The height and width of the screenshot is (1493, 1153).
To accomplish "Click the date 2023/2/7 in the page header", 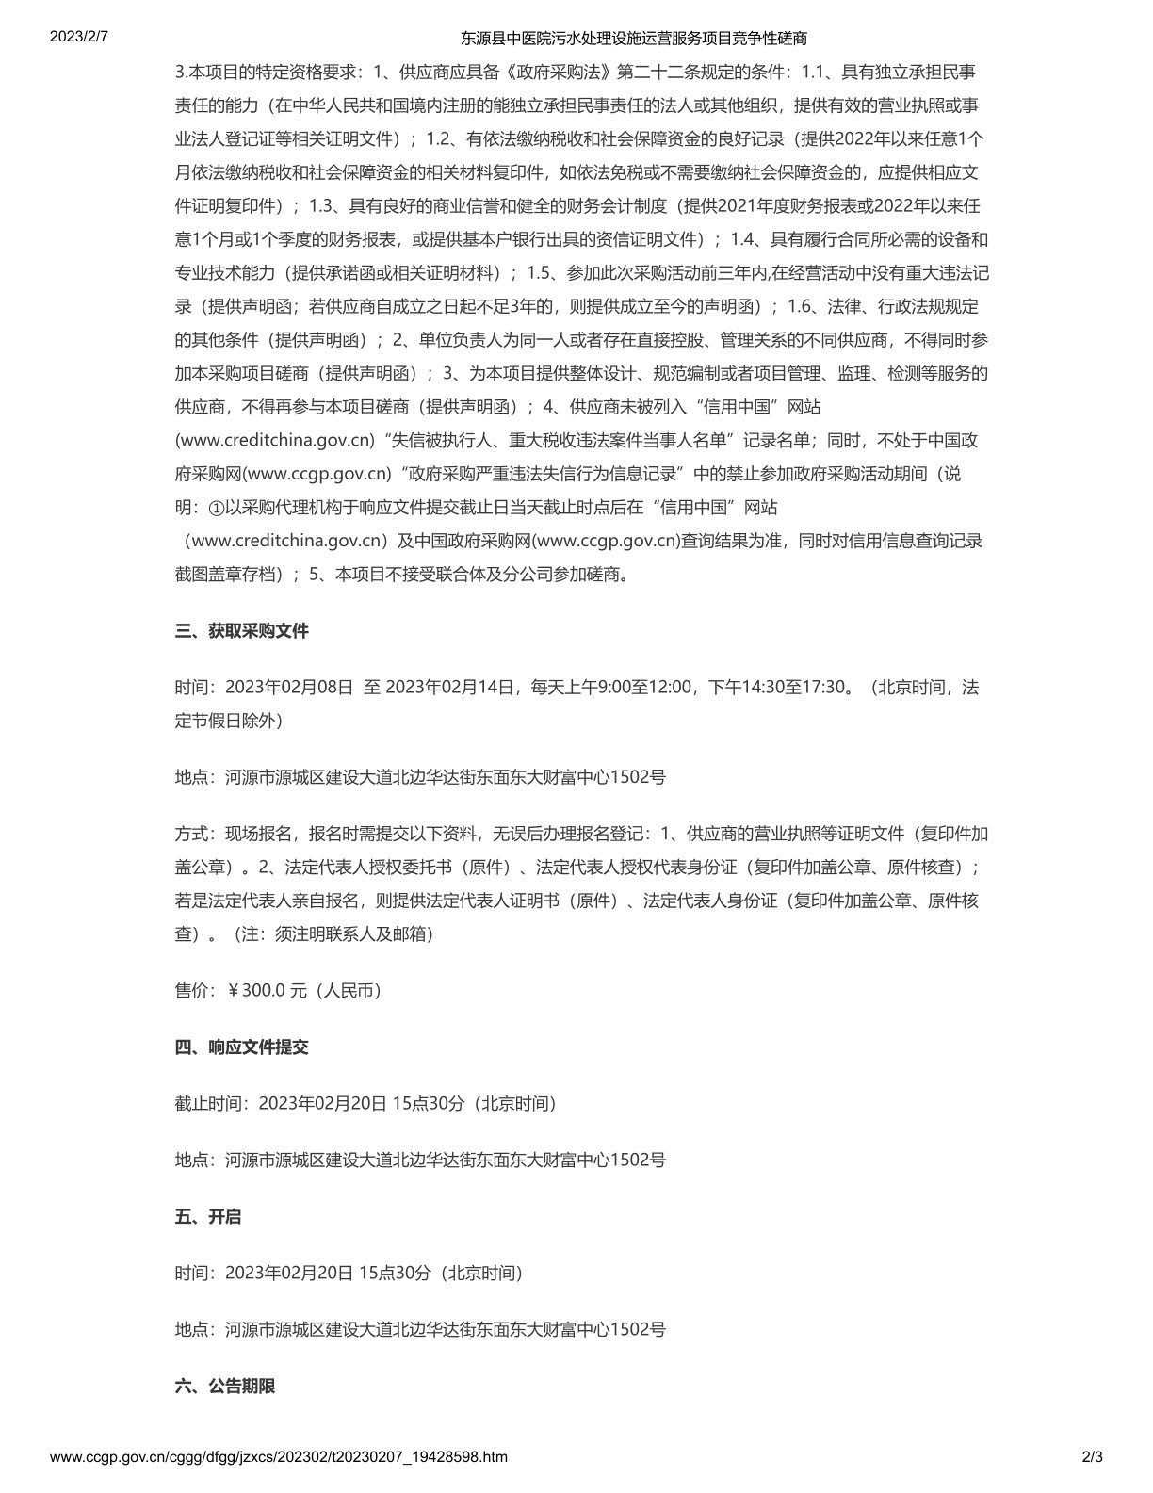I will [x=78, y=38].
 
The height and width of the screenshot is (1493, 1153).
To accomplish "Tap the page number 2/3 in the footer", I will [x=1093, y=1456].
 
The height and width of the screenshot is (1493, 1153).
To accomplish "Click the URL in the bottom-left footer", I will [x=278, y=1456].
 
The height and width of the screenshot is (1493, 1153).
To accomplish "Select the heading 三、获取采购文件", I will [x=242, y=631].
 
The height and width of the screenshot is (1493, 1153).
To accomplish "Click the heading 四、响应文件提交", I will [x=242, y=1047].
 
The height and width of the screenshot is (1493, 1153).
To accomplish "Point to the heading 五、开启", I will [x=208, y=1216].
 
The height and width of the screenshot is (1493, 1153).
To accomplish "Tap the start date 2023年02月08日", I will [x=290, y=687].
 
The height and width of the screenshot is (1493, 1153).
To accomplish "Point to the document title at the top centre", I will [x=633, y=39].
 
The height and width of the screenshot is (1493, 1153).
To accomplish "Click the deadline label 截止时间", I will [x=209, y=1103].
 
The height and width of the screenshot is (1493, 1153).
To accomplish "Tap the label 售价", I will [x=192, y=990].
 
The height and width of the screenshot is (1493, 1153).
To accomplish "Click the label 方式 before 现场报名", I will [x=192, y=834].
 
